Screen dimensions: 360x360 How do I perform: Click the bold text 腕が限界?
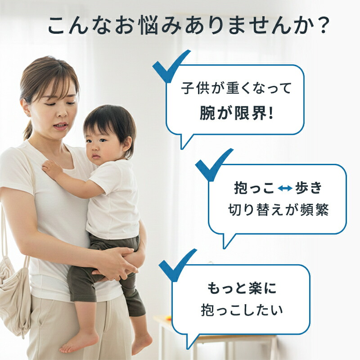click(236, 114)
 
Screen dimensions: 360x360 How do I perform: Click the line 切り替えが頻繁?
click(278, 211)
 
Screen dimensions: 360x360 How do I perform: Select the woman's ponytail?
click(28, 130)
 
